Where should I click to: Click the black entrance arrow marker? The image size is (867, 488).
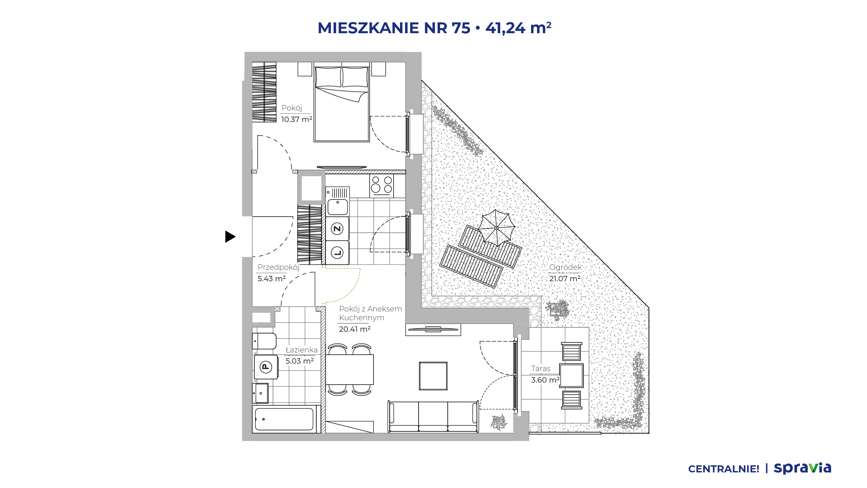(230, 237)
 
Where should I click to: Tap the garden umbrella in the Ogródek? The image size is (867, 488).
(496, 228)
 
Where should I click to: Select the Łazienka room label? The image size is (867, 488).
(302, 350)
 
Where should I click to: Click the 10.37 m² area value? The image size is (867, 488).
(297, 119)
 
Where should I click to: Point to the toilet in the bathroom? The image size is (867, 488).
(264, 341)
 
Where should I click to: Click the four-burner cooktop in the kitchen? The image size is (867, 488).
(382, 185)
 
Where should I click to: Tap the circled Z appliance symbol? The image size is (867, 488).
(337, 229)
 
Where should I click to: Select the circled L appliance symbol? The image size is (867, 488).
(337, 252)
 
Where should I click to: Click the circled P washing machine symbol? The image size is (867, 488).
(266, 367)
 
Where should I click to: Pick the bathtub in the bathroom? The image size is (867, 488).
(284, 419)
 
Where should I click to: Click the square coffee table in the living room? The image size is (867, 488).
(433, 376)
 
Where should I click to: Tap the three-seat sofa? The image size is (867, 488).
(433, 416)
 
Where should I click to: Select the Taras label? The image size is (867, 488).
(541, 368)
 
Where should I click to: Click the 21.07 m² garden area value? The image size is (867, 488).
(565, 279)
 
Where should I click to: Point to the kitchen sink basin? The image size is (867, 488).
(338, 207)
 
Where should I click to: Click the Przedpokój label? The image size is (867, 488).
(278, 267)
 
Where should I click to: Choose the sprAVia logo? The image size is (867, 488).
(803, 468)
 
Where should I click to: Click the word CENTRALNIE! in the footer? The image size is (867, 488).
(724, 469)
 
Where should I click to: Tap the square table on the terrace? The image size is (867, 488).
(572, 375)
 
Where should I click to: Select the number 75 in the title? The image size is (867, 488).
(461, 28)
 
